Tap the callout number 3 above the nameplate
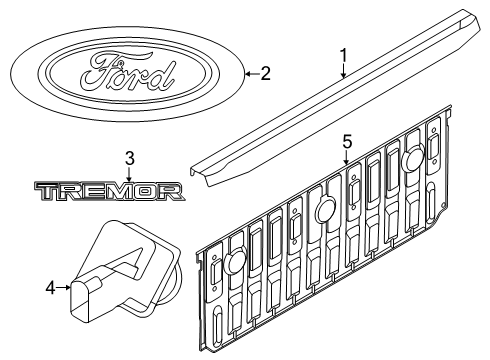click(129, 157)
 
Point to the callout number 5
click(346, 142)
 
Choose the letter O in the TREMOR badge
click(147, 191)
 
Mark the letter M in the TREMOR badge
click(120, 191)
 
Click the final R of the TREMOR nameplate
click(171, 191)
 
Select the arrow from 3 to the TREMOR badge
click(129, 172)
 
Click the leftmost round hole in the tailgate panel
click(233, 262)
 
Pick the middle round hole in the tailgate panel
click(324, 209)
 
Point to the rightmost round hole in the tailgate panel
click(415, 158)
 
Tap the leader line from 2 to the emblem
click(250, 71)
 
